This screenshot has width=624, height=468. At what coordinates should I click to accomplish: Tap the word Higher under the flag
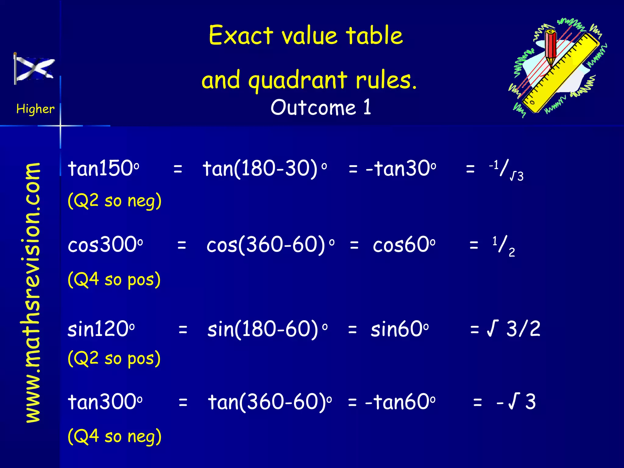click(x=35, y=109)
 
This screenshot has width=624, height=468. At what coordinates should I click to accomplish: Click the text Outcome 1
click(x=321, y=107)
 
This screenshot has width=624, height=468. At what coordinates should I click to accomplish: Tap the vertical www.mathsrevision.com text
click(x=33, y=292)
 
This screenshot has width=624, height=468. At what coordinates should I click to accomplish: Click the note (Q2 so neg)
click(x=115, y=201)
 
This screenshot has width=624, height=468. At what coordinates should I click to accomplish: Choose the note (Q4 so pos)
click(x=114, y=279)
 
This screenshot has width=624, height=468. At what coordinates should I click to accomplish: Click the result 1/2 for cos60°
click(x=503, y=246)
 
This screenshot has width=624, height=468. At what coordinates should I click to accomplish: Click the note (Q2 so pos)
click(x=114, y=358)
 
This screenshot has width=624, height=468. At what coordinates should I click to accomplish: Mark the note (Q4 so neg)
click(x=115, y=436)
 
